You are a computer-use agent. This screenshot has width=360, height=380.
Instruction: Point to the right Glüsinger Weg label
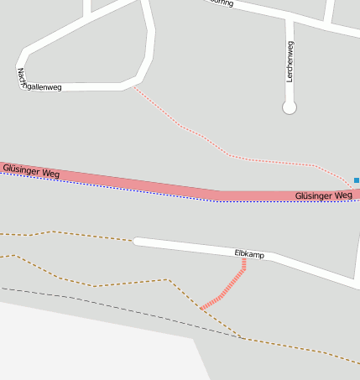pyautogui.click(x=323, y=195)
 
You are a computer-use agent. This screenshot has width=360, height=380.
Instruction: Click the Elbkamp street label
pyautogui.click(x=249, y=252)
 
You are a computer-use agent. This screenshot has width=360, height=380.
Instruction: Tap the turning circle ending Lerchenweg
pyautogui.click(x=290, y=107)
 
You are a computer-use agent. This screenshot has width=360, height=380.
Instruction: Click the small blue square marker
pyautogui.click(x=357, y=180)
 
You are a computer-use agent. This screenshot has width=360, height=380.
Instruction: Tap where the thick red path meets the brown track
pyautogui.click(x=201, y=309)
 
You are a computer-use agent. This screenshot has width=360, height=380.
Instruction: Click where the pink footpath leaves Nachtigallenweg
pyautogui.click(x=133, y=85)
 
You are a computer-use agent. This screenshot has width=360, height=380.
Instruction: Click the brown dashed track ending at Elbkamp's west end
pyautogui.click(x=76, y=234)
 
